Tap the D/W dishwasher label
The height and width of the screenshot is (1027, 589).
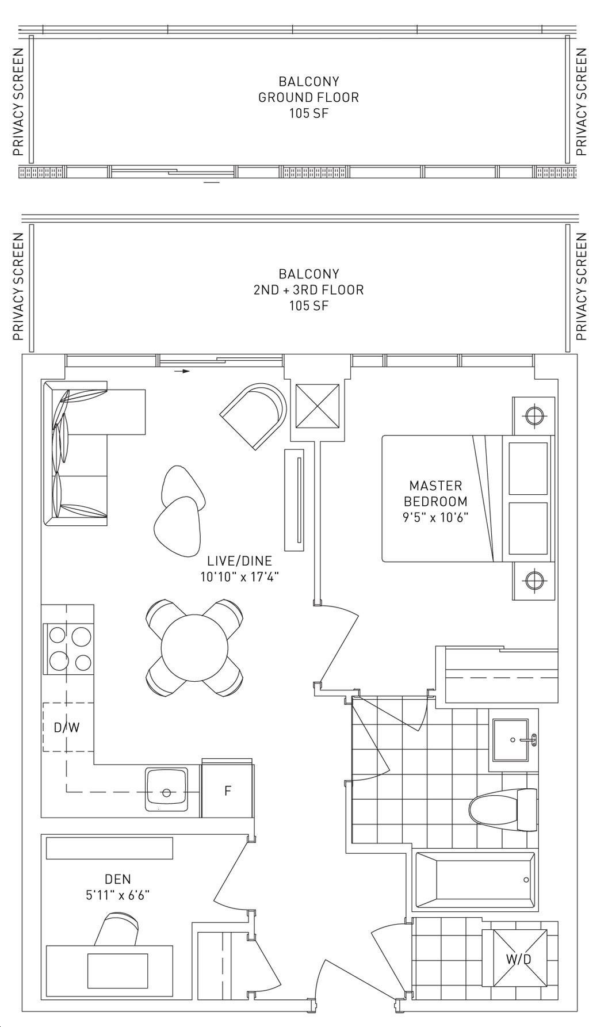[67, 727]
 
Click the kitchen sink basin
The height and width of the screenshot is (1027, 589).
[166, 789]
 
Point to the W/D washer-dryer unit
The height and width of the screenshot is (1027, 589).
[518, 958]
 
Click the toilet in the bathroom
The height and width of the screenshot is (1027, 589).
[503, 810]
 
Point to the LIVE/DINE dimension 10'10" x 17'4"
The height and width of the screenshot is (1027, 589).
[239, 576]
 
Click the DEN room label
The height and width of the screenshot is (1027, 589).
[117, 879]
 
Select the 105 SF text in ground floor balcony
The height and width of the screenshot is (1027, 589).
[309, 113]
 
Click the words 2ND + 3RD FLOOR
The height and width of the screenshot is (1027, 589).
[309, 289]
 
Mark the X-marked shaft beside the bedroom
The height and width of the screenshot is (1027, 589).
[318, 406]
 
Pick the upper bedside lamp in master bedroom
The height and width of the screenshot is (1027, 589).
[534, 414]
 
